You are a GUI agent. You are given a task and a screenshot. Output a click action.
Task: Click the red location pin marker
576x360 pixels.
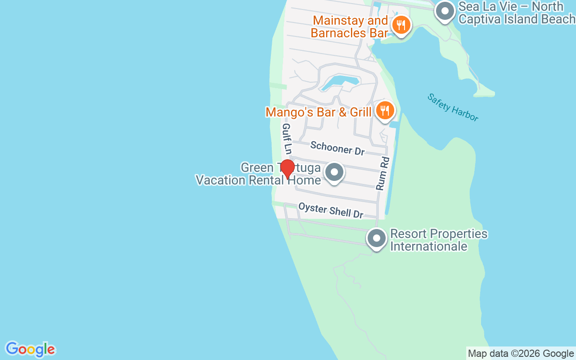click(x=287, y=169)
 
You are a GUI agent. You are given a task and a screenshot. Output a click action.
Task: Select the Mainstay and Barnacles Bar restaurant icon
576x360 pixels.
click(x=400, y=25)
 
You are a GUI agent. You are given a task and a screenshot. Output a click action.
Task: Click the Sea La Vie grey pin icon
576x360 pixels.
click(x=445, y=11)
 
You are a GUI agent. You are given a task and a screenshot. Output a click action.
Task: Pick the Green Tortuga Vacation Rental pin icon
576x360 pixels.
click(x=334, y=172)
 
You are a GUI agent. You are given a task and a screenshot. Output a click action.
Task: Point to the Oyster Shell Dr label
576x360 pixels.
click(x=330, y=210)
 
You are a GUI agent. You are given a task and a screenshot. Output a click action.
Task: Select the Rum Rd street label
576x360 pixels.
click(x=382, y=173)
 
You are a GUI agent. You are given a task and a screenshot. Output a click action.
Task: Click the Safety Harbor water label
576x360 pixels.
click(x=452, y=107)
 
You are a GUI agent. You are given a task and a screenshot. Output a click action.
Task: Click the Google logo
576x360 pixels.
click(x=30, y=349)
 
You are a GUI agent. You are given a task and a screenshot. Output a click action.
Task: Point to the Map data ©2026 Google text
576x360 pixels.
click(x=521, y=354)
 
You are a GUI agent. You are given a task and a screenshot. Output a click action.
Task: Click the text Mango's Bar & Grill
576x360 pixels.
click(x=318, y=112)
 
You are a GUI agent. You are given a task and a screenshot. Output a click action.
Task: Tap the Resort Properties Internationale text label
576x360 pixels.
click(x=438, y=240)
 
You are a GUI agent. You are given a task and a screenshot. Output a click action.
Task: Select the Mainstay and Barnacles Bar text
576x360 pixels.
click(x=350, y=27)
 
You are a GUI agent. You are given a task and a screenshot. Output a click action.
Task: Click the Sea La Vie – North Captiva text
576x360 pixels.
click(x=516, y=13)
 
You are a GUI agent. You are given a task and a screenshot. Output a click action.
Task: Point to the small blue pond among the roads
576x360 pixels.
click(x=340, y=83)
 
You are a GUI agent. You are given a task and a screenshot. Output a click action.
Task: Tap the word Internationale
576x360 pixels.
click(x=428, y=246)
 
